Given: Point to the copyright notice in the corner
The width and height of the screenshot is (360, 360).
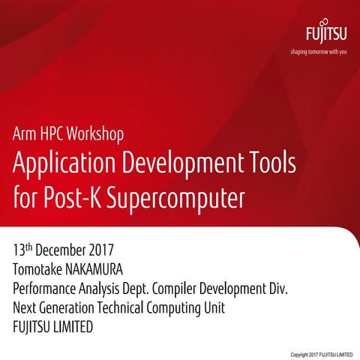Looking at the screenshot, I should (321, 354).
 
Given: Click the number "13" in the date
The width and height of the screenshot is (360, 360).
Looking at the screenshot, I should (19, 248).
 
